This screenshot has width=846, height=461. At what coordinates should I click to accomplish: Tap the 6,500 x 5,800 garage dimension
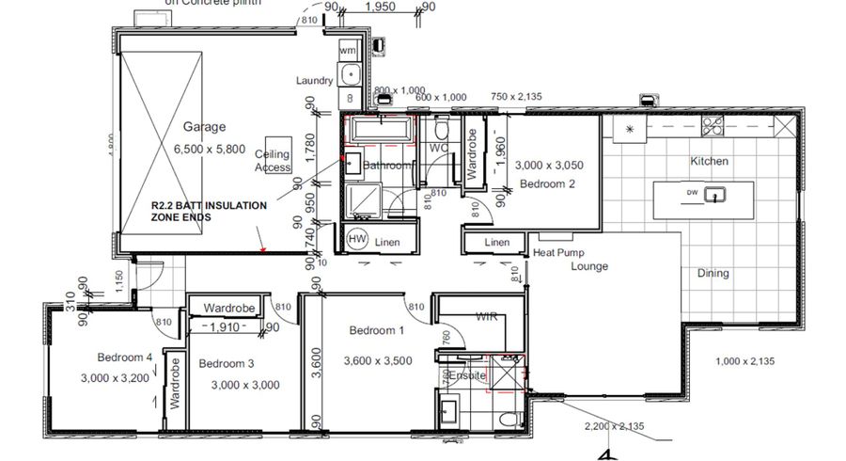pos(209,149)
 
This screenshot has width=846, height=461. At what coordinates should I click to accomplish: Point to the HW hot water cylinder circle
pos(357,240)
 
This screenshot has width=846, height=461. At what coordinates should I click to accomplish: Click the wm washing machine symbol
pos(348,50)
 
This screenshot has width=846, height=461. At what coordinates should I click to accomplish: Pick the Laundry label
pos(315,81)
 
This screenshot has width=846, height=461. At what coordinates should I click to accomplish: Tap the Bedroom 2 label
pos(547,184)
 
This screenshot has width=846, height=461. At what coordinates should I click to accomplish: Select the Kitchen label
pos(710,161)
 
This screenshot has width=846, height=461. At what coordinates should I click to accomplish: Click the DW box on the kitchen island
pos(692,195)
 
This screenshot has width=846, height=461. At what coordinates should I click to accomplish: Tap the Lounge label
pos(588,266)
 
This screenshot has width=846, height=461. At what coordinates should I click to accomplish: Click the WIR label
pos(486,317)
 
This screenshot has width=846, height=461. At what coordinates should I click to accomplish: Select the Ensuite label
pos(467,375)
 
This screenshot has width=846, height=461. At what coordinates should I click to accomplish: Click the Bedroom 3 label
pos(227,362)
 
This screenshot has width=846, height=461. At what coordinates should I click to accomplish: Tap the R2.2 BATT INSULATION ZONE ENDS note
pos(209,210)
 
